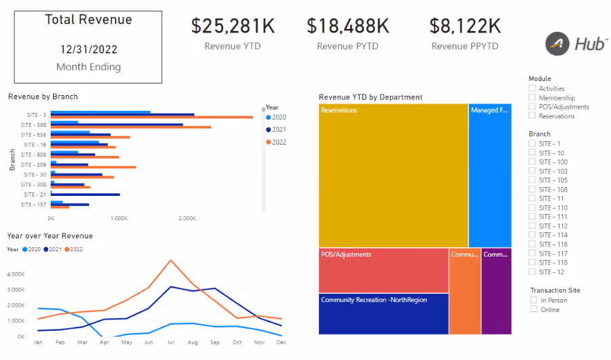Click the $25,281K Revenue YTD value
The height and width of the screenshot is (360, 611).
tap(233, 26)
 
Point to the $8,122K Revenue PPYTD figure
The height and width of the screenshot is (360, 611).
tap(465, 26)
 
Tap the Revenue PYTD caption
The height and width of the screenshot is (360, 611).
tap(347, 47)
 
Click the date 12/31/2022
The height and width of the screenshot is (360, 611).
tap(89, 49)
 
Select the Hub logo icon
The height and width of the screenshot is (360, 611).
tap(558, 44)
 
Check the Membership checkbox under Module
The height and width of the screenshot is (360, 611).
tap(533, 98)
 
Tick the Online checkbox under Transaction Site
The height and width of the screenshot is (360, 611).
tap(534, 309)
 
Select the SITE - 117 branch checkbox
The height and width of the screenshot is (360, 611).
tap(533, 253)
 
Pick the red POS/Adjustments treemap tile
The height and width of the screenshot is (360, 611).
tap(383, 270)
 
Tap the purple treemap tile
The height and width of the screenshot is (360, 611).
tap(496, 291)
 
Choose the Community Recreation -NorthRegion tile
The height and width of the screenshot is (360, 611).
tap(383, 313)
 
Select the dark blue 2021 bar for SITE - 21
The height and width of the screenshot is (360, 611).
tap(85, 195)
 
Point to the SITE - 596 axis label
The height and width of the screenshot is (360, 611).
tap(33, 125)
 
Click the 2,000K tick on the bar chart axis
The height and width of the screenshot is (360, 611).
tap(187, 219)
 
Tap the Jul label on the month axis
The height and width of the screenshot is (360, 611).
tap(171, 343)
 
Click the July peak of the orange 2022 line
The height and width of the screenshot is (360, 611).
tap(171, 260)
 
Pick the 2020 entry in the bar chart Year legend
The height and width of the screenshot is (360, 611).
tap(278, 118)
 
